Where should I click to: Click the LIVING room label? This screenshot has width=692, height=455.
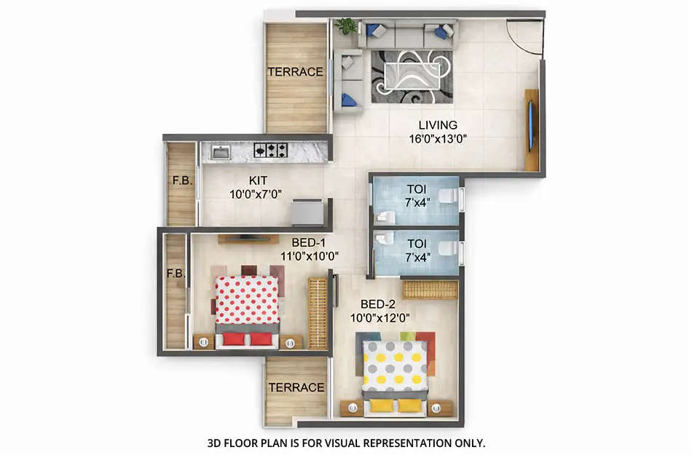pyautogui.click(x=438, y=124)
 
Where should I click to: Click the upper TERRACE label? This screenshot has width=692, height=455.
pyautogui.click(x=295, y=72)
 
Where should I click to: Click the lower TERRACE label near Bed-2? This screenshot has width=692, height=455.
pyautogui.click(x=296, y=387)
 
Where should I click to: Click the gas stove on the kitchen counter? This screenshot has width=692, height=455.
pyautogui.click(x=270, y=150)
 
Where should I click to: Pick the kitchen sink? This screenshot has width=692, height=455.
pyautogui.click(x=221, y=151)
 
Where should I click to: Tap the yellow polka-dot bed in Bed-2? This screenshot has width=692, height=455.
pyautogui.click(x=395, y=368)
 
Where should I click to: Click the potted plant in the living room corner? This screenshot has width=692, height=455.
pyautogui.click(x=347, y=27)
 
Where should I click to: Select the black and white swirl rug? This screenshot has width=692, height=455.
pyautogui.click(x=412, y=76)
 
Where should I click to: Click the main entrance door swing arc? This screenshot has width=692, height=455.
pyautogui.click(x=524, y=38)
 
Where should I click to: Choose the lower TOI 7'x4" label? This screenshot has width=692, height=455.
pyautogui.click(x=418, y=250)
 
